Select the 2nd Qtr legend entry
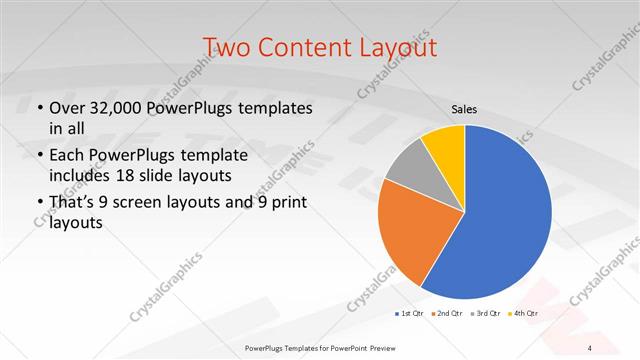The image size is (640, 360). pos(445,314)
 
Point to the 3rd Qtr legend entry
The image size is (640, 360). pos(485,314)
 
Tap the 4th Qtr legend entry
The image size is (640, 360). pos(523,314)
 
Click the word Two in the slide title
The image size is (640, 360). pos(225,47)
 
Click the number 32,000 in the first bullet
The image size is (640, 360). pos(120,109)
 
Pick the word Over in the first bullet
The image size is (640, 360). pos(67,109)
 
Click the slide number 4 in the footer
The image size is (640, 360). pos(590,347)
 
